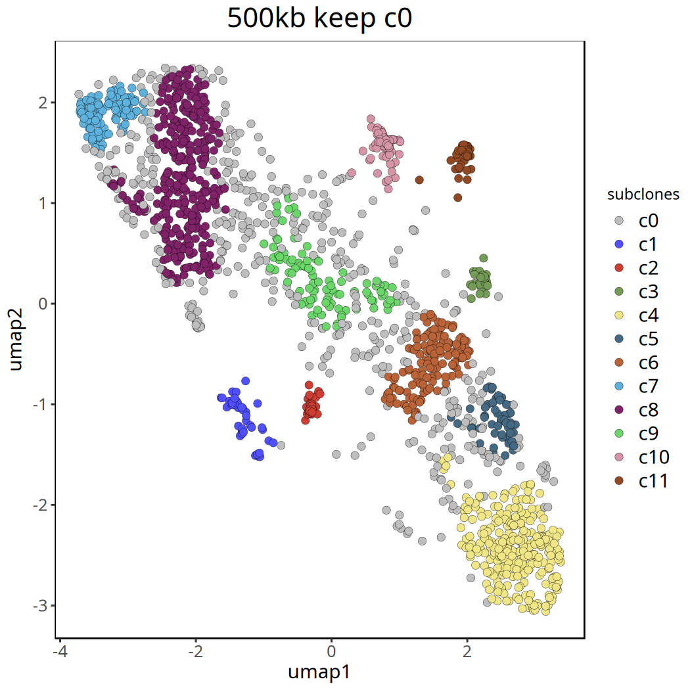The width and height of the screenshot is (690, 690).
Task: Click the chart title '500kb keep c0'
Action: [x=319, y=18]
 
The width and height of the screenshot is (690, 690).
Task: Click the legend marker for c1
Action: [x=618, y=244]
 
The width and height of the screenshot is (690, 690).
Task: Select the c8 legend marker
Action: [x=618, y=410]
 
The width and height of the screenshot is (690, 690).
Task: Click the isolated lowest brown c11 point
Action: [x=458, y=197]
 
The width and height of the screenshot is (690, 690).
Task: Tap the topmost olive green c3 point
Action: [x=483, y=258]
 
